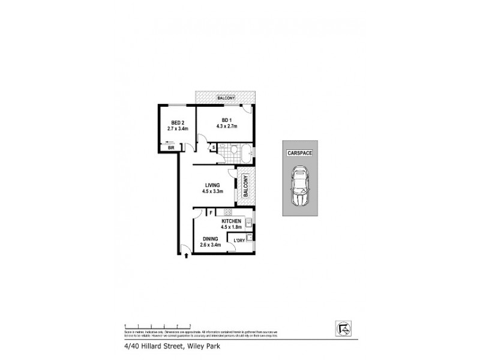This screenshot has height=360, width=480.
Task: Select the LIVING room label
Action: (212, 185)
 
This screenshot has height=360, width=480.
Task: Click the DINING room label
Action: (210, 238)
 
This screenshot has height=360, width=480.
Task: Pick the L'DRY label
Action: (239, 241)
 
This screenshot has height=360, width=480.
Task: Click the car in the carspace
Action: (299, 187)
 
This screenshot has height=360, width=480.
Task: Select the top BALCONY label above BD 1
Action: (226, 98)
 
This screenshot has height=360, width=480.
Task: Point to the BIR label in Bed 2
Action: (171, 148)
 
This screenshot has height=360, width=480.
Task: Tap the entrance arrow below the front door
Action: (186, 256)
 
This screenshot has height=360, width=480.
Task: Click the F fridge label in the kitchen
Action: (211, 212)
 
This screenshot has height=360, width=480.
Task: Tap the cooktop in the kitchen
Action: (228, 212)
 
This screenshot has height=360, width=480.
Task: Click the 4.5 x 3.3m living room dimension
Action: (212, 192)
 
